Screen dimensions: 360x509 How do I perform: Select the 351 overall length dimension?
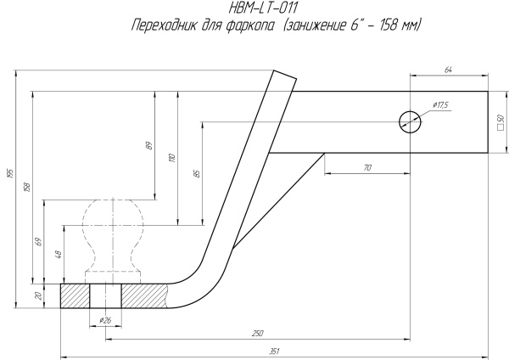274,350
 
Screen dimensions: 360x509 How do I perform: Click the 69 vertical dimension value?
39,242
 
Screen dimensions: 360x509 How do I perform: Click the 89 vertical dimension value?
149,145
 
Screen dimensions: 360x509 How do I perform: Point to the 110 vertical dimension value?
172,158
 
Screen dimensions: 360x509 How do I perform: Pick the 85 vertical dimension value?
197,173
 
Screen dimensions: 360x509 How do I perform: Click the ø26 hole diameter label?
105,319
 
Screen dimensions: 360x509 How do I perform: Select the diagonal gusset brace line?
280,200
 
